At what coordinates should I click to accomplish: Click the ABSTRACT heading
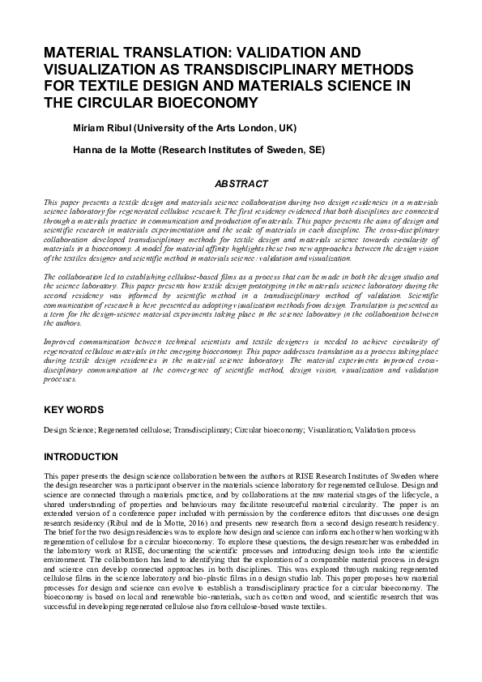[241, 185]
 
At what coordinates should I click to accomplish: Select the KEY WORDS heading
[75, 410]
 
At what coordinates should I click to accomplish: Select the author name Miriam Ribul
[102, 128]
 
